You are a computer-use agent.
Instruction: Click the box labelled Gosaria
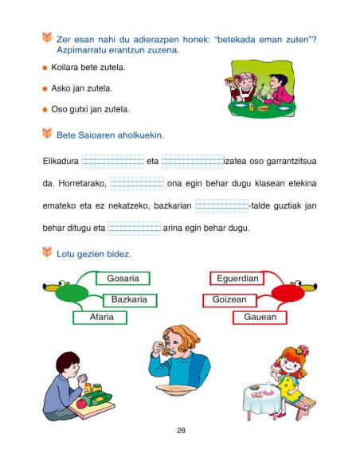pyautogui.click(x=123, y=279)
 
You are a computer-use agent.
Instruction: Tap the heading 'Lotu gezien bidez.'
pyautogui.click(x=93, y=254)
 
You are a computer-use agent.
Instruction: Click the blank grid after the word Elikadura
pyautogui.click(x=112, y=161)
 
